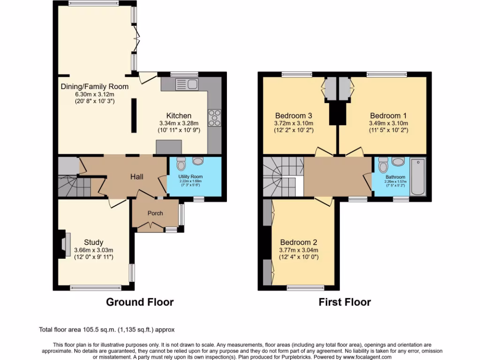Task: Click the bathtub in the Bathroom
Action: [x=419, y=177]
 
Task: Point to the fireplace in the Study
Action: [x=65, y=244]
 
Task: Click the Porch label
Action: [x=155, y=213]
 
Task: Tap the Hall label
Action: [x=136, y=177]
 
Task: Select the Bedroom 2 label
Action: [x=299, y=242]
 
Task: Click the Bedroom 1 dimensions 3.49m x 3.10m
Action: [x=389, y=124]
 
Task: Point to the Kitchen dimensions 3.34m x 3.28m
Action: [x=179, y=124]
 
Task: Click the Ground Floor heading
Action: [x=140, y=302]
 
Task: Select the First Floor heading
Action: [x=345, y=302]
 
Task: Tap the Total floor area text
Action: [x=107, y=330]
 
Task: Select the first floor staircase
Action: [x=279, y=177]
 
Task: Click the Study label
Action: [x=94, y=242]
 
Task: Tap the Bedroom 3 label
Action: [x=293, y=116]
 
